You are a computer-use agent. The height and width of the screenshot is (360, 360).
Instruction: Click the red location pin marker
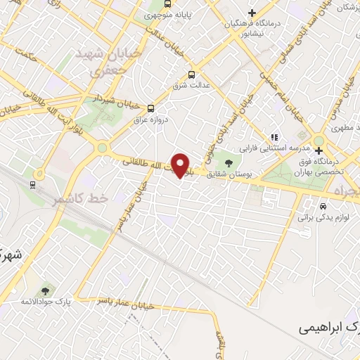pos(181,165)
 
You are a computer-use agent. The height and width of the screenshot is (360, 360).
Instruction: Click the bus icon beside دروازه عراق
pos(151,108)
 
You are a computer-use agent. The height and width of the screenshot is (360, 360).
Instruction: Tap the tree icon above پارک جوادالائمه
pos(46,290)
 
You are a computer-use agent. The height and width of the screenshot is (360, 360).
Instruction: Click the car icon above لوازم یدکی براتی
pos(322,207)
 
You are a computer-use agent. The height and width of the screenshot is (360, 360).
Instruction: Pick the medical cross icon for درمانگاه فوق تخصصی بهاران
pos(319,150)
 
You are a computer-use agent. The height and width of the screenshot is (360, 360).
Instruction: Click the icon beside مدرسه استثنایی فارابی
pos(275,138)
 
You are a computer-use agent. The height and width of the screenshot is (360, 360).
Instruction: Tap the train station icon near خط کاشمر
pos(32,184)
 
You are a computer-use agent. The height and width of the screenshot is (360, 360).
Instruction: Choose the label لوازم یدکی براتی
pos(322,218)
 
